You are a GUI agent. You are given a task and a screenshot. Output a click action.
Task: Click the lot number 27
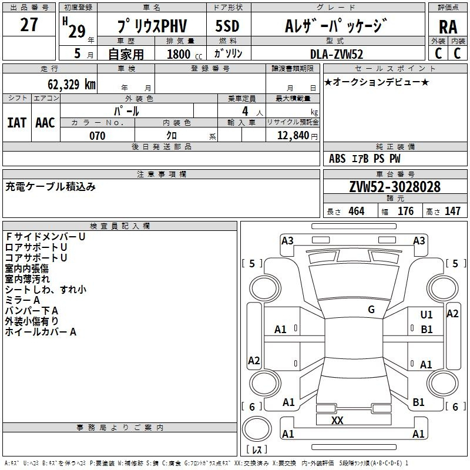(29, 25)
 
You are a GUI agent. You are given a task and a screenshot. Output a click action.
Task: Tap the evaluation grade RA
(448, 27)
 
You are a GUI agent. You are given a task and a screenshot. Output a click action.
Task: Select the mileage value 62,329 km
(72, 85)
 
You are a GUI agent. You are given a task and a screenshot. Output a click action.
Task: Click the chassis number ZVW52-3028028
(395, 187)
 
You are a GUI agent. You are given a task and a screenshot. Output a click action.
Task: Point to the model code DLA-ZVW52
(337, 54)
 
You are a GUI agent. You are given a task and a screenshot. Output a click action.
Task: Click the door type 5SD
(227, 26)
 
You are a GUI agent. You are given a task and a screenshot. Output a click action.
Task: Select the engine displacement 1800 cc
(184, 54)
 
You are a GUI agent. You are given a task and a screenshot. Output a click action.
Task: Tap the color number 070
(98, 136)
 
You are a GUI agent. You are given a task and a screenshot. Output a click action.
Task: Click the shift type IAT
(16, 123)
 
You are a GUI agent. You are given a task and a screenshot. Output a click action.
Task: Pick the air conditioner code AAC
(45, 123)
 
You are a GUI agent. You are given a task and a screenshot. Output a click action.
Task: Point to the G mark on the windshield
(371, 310)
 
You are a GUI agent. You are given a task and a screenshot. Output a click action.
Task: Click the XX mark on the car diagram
(337, 420)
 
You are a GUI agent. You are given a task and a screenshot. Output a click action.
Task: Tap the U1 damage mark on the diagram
(427, 314)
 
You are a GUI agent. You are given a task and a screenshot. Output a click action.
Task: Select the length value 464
(357, 211)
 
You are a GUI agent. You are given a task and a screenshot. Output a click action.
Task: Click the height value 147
(452, 211)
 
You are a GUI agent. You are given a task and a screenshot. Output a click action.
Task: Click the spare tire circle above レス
(257, 429)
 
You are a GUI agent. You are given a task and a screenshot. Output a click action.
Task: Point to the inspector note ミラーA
(22, 300)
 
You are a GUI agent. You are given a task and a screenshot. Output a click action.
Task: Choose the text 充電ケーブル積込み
(51, 187)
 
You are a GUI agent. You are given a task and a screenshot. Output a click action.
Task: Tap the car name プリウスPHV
(152, 26)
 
